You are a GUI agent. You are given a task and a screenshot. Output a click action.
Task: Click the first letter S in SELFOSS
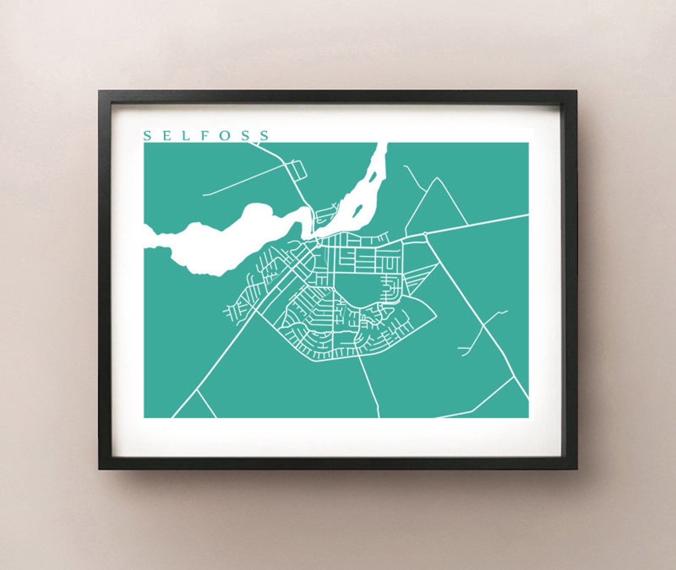point(148,136)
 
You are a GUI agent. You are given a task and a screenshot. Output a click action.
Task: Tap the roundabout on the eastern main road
point(425,234)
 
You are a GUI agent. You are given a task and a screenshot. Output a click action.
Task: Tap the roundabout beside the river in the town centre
point(319,244)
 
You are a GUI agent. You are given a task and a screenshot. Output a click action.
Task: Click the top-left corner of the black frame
point(99,91)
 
